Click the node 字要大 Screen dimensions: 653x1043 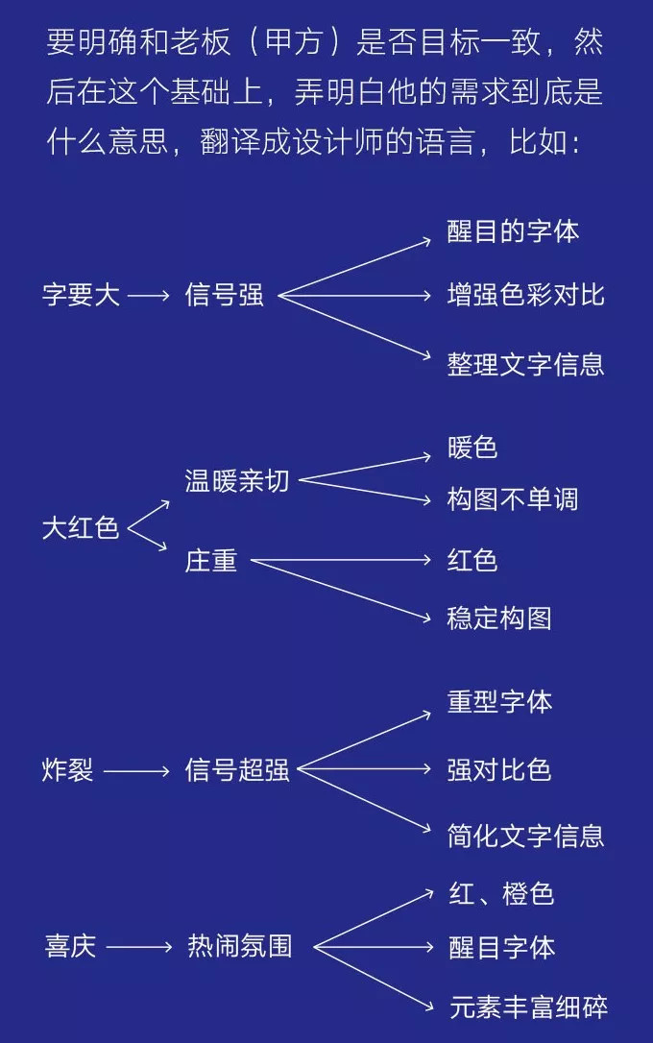[x=81, y=295]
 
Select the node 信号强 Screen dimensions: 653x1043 [x=224, y=295]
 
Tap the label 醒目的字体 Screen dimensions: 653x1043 [x=513, y=231]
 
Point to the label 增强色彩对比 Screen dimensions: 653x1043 [x=525, y=295]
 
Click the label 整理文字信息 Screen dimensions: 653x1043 [x=525, y=365]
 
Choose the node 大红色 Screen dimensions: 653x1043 [x=81, y=528]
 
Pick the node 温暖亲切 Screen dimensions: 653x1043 [x=237, y=481]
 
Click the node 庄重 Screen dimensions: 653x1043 [x=211, y=561]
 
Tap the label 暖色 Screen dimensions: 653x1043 [x=472, y=448]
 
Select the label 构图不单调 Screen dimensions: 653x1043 [x=513, y=499]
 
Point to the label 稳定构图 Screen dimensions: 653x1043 [x=499, y=619]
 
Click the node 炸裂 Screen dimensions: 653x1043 [x=67, y=770]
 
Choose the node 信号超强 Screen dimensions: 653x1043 [x=237, y=770]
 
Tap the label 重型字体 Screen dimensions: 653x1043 [x=499, y=702]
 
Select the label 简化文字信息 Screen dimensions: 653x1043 [x=525, y=837]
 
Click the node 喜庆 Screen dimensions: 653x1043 [x=70, y=946]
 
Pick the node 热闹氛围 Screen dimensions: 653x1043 [x=239, y=946]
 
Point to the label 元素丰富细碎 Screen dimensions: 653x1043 [x=528, y=1007]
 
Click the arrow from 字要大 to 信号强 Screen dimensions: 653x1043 [x=149, y=296]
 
